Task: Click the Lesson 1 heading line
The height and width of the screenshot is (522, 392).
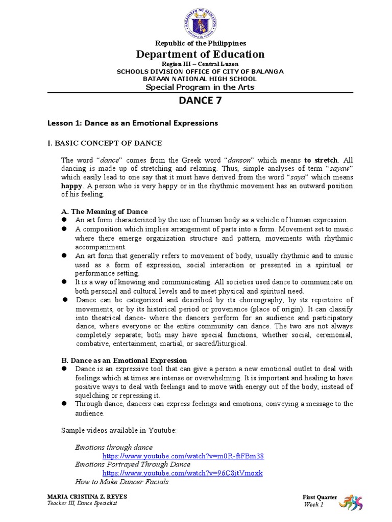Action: [133, 123]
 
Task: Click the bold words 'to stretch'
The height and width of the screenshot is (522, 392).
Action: [321, 160]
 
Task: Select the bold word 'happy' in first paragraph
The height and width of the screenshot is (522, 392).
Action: [71, 186]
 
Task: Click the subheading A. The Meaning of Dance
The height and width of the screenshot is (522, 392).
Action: [104, 212]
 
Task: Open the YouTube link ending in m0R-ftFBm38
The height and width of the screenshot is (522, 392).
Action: [183, 456]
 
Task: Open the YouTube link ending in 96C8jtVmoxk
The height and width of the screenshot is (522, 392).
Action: [182, 473]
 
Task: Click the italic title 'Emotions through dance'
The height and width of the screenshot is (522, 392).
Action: [114, 447]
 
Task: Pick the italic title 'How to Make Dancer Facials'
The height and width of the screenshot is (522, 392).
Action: [121, 481]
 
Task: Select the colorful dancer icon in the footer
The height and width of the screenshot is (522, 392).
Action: [355, 500]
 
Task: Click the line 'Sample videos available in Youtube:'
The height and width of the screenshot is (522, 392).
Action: [118, 430]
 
